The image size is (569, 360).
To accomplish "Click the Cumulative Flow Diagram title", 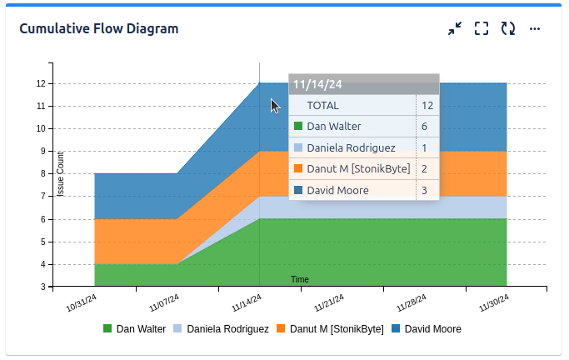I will (x=98, y=28).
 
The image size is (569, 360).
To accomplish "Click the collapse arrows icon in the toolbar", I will (x=454, y=28).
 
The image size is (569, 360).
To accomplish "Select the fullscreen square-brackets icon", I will (x=481, y=28).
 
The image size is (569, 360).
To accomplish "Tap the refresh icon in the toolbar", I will (x=508, y=28).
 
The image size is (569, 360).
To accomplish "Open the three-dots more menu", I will (x=535, y=28).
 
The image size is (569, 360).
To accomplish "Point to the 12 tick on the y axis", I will (x=41, y=83).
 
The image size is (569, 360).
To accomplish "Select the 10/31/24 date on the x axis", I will (x=80, y=301).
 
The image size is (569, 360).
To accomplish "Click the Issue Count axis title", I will (x=61, y=173).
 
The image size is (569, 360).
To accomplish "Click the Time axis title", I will (x=300, y=279).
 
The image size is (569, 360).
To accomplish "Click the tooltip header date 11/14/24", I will (x=317, y=84).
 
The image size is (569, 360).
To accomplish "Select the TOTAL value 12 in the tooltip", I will (x=427, y=106).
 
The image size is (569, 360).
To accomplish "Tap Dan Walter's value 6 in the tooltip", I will (x=425, y=127).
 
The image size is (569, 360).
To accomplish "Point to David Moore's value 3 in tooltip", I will (x=425, y=191).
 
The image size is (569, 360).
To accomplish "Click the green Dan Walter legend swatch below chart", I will (x=107, y=328).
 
